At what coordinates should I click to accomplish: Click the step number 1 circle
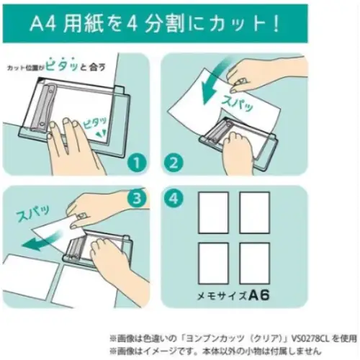(x=136, y=163)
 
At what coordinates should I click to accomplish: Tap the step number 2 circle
(x=174, y=163)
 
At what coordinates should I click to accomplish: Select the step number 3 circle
(x=136, y=199)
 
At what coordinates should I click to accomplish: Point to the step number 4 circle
(x=174, y=199)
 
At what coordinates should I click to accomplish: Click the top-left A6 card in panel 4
(x=213, y=212)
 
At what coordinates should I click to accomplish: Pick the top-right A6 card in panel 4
(x=255, y=212)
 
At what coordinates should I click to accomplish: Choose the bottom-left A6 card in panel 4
(x=213, y=264)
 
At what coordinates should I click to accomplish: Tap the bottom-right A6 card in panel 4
(x=255, y=264)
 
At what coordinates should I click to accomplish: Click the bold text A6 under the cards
(x=259, y=295)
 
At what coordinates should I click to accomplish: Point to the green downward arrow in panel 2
(x=211, y=81)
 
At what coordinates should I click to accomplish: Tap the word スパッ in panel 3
(x=32, y=213)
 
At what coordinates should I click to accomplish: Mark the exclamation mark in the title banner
(x=276, y=24)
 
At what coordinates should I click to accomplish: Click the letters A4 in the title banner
(x=43, y=24)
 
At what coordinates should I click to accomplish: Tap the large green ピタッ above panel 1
(x=62, y=65)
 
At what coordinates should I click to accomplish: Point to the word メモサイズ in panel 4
(x=222, y=296)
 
